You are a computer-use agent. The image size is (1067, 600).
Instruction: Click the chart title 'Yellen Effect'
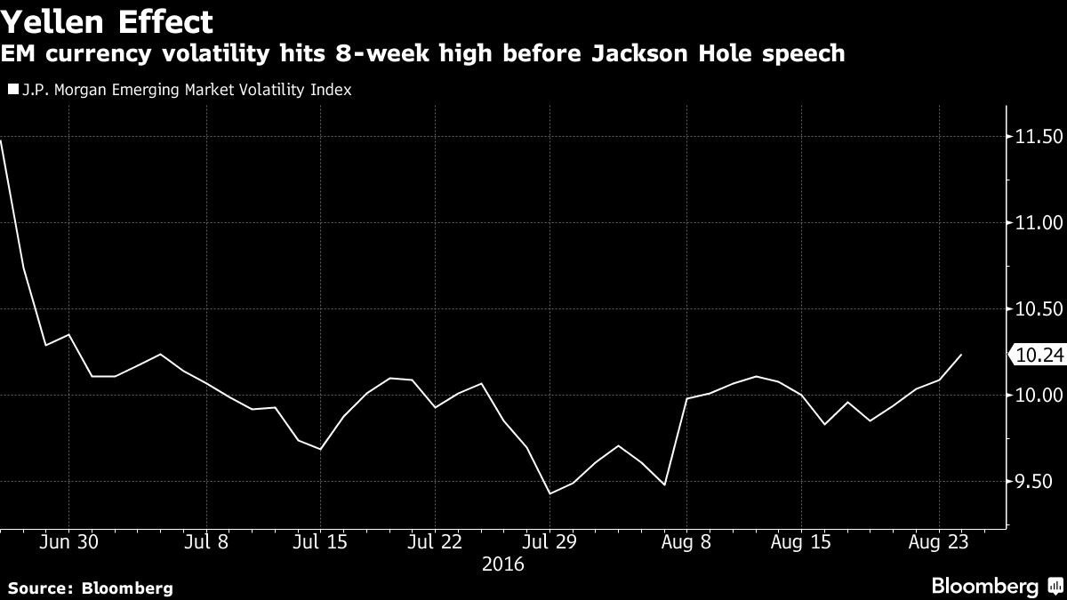pos(108,20)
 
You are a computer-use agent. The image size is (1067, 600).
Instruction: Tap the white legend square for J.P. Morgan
pos(12,90)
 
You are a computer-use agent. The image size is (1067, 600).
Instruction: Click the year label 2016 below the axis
pos(502,564)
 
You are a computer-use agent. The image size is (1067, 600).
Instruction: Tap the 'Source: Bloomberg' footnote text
pos(90,588)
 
